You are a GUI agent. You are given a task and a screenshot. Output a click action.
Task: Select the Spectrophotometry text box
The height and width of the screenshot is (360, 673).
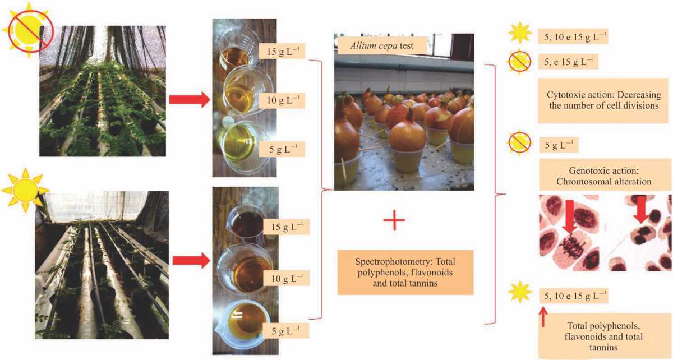404,272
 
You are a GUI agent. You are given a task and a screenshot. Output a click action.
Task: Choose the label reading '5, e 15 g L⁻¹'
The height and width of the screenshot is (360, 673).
568,60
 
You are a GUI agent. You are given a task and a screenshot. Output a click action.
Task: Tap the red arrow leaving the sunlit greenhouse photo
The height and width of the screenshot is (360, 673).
191,260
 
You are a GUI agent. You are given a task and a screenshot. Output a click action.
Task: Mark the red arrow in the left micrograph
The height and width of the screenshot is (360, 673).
569,215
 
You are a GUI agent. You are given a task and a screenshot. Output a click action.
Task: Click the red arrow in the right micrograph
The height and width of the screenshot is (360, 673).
641,213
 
